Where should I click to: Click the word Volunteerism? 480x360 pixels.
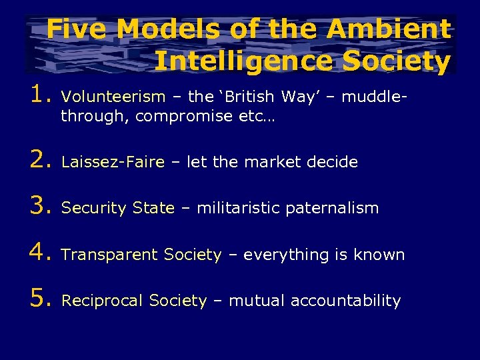coord(113,97)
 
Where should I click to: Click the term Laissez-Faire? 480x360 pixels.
coord(113,162)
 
